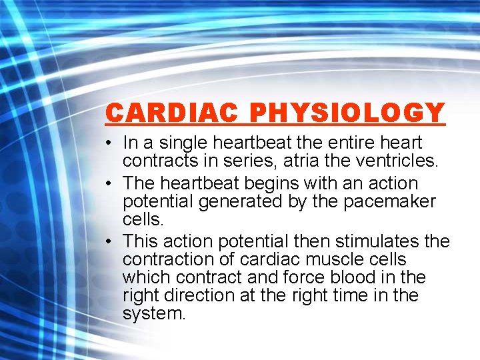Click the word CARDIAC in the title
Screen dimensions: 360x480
(x=172, y=113)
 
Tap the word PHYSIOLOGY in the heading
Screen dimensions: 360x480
(x=347, y=113)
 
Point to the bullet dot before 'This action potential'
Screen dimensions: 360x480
(x=109, y=241)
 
